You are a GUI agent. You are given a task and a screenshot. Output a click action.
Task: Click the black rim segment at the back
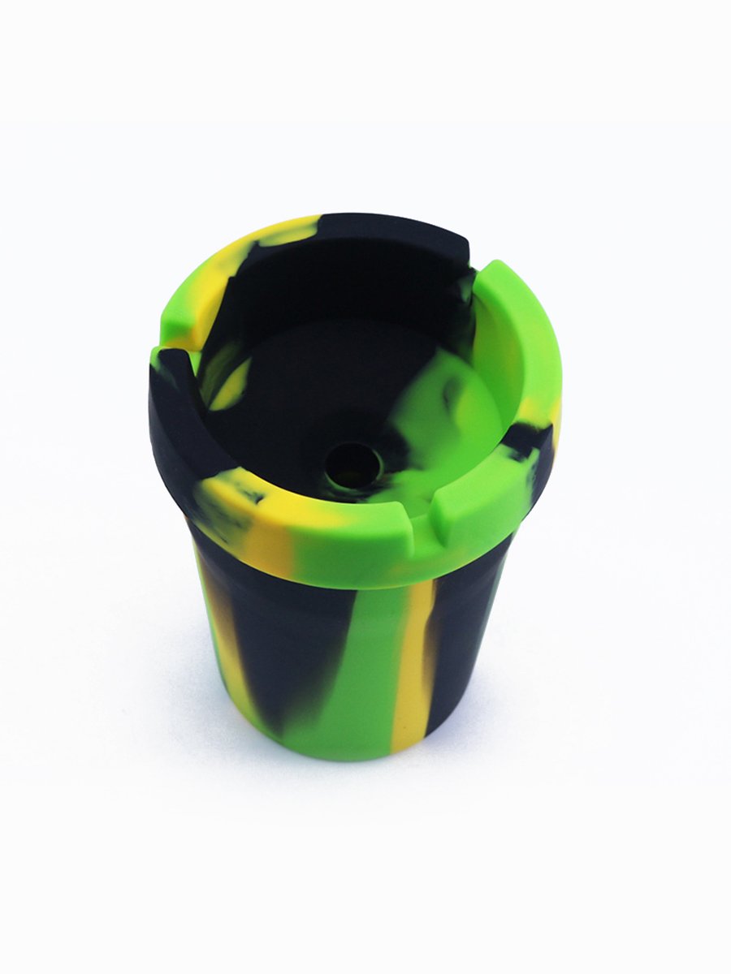point(390,231)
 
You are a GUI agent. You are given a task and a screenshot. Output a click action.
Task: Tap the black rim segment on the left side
point(175,422)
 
